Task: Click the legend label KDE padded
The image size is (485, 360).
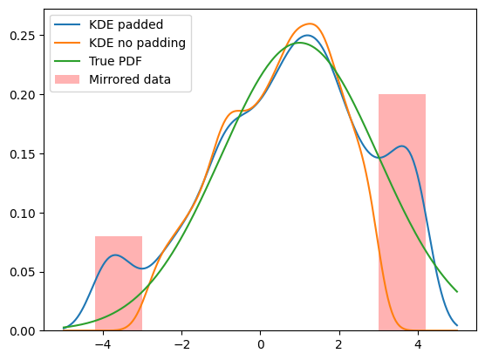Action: coord(126,24)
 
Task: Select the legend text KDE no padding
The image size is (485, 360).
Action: coord(137,43)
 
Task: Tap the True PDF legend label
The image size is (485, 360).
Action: coord(115,61)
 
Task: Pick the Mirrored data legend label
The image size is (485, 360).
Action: coord(130,79)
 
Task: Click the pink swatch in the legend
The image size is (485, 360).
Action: coord(67,79)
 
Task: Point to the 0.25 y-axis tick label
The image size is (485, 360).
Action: coord(22,36)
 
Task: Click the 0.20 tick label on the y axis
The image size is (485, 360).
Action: coord(22,95)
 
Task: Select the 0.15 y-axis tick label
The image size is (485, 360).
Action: coord(22,154)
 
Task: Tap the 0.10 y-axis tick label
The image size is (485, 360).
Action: coord(22,214)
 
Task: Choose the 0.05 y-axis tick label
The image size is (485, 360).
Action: coord(22,272)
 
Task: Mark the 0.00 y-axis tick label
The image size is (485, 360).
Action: coord(22,331)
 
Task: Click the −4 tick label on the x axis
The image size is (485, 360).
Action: coord(103,344)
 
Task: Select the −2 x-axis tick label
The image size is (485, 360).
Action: coord(181,344)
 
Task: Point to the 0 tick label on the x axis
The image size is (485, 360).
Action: coord(261,344)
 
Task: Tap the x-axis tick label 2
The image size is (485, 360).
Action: coord(339,344)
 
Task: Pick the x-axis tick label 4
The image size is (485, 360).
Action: coord(418,344)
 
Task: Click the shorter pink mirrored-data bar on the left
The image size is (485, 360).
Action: coord(119,283)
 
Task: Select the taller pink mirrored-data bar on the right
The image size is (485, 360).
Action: coord(402,213)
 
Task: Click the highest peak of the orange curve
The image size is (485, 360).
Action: coord(310,24)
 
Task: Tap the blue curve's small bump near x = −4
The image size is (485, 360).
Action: coord(115,255)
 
